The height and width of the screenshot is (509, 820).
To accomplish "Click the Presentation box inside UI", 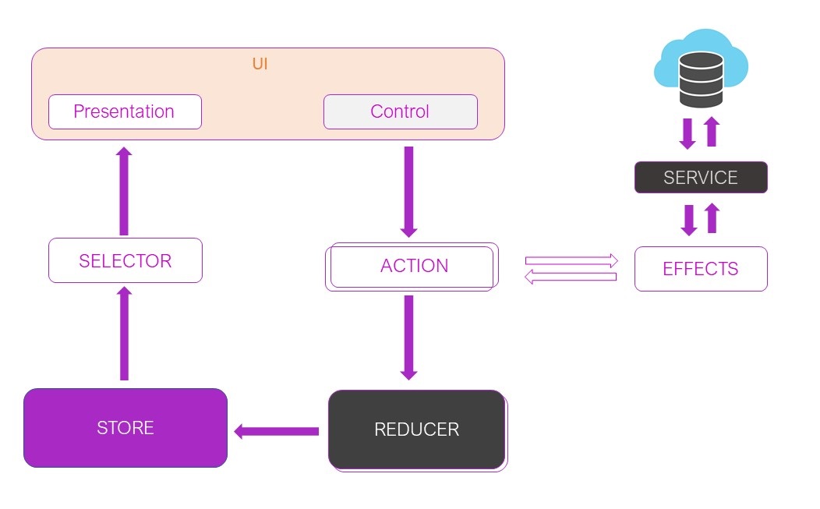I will coord(125,111).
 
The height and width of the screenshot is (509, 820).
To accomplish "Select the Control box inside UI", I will coord(400,111).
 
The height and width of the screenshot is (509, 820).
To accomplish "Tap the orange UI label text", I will coord(260,64).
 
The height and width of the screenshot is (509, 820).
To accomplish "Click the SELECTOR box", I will coord(125,260).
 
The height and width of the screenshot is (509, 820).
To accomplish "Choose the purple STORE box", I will coord(125,428).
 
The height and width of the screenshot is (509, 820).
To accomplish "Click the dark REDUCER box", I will coord(416,429).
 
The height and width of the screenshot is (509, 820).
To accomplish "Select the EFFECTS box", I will coord(700,269).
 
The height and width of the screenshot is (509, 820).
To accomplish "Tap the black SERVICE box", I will coord(700,177).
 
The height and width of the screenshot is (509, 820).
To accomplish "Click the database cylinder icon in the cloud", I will coord(701,79).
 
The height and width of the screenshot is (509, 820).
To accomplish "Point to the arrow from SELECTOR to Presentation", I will coord(124,191).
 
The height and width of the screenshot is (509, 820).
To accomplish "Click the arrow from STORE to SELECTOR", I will coord(124,334).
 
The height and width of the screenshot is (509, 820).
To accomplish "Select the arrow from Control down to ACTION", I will coord(408,192).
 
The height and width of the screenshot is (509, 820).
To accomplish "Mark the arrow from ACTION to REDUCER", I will coord(408,338).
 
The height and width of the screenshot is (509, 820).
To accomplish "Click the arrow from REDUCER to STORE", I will coord(277,431).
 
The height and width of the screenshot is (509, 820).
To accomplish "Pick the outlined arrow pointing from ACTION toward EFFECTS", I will coord(571,260).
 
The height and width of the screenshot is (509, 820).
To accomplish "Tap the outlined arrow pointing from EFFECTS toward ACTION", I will coord(570,277).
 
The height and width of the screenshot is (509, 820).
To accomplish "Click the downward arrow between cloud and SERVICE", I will coord(687,133).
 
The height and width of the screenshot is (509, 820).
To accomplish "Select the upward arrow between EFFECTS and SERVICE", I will coord(711,218).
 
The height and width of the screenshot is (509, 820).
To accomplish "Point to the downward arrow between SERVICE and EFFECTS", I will coord(689,220).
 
